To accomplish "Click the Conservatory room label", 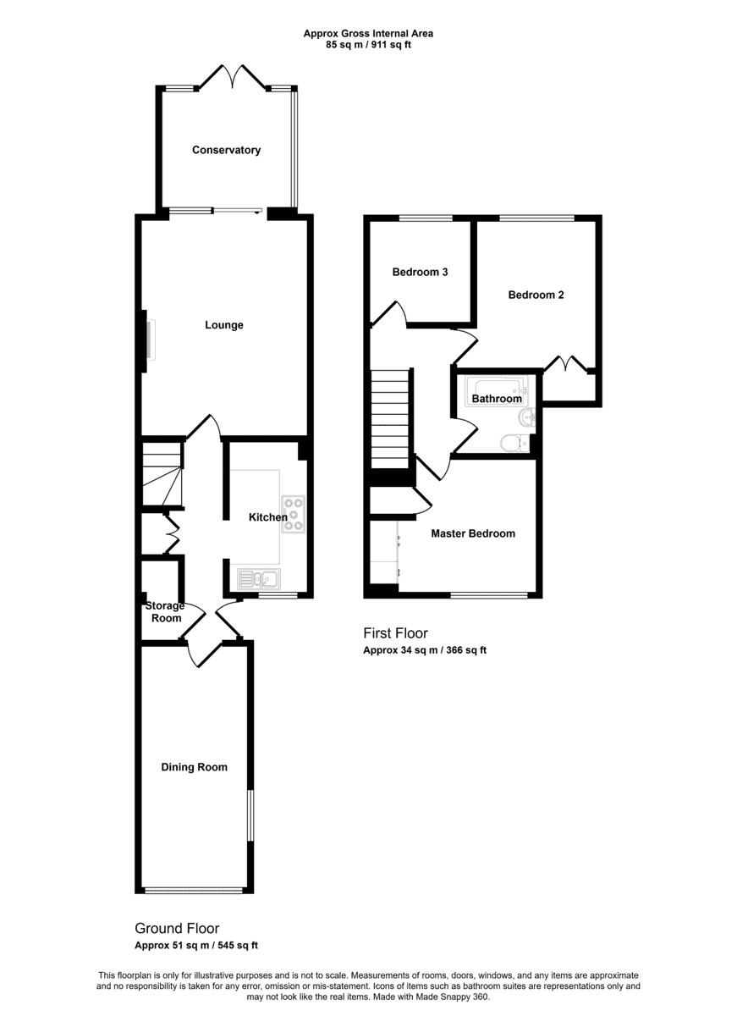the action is click(x=226, y=150).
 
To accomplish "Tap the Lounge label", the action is click(x=224, y=325).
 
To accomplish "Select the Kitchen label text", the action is click(x=268, y=517).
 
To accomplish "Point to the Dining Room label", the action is click(x=194, y=767).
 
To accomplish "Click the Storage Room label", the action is click(x=165, y=612).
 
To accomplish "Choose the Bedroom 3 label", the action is click(x=421, y=272).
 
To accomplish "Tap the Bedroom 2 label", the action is click(x=536, y=295).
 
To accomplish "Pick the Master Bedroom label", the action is click(x=473, y=533).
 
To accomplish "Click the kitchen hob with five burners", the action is click(x=294, y=514).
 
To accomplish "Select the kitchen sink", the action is click(x=259, y=579).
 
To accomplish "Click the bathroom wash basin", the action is click(x=526, y=417).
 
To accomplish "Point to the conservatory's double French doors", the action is click(x=233, y=76).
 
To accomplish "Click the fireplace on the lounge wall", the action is click(x=150, y=340).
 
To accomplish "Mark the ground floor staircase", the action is click(x=162, y=474).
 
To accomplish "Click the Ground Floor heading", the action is click(x=177, y=929).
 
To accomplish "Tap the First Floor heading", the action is click(x=395, y=632).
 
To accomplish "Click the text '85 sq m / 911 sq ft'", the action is click(x=369, y=45).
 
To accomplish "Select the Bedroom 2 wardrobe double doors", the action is click(x=566, y=364).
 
